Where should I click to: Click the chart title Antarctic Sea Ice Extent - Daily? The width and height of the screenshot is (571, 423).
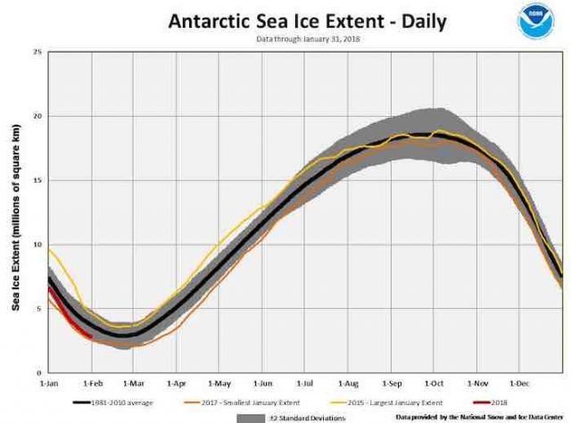pyautogui.click(x=308, y=21)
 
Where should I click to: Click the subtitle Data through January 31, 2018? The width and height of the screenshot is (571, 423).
pyautogui.click(x=307, y=39)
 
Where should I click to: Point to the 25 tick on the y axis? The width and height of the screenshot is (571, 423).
pyautogui.click(x=38, y=52)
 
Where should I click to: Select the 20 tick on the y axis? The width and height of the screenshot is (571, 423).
pyautogui.click(x=38, y=116)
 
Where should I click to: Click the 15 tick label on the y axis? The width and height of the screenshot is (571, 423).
pyautogui.click(x=38, y=180)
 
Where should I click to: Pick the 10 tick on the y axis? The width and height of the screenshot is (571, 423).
pyautogui.click(x=38, y=245)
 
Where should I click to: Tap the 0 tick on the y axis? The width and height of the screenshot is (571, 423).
pyautogui.click(x=40, y=373)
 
